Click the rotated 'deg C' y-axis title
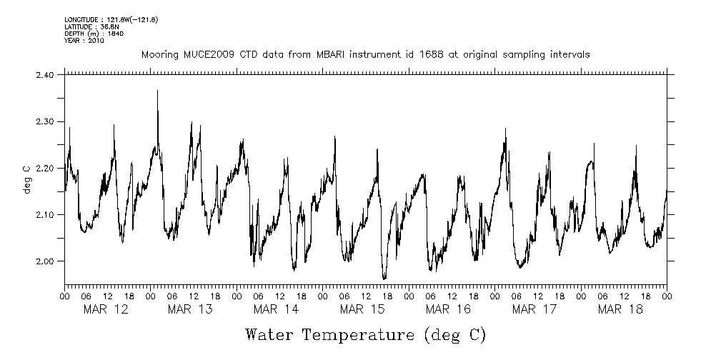26,168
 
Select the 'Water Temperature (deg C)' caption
365,334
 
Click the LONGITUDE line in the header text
111,19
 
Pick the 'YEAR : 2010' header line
84,41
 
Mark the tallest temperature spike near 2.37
157,91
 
